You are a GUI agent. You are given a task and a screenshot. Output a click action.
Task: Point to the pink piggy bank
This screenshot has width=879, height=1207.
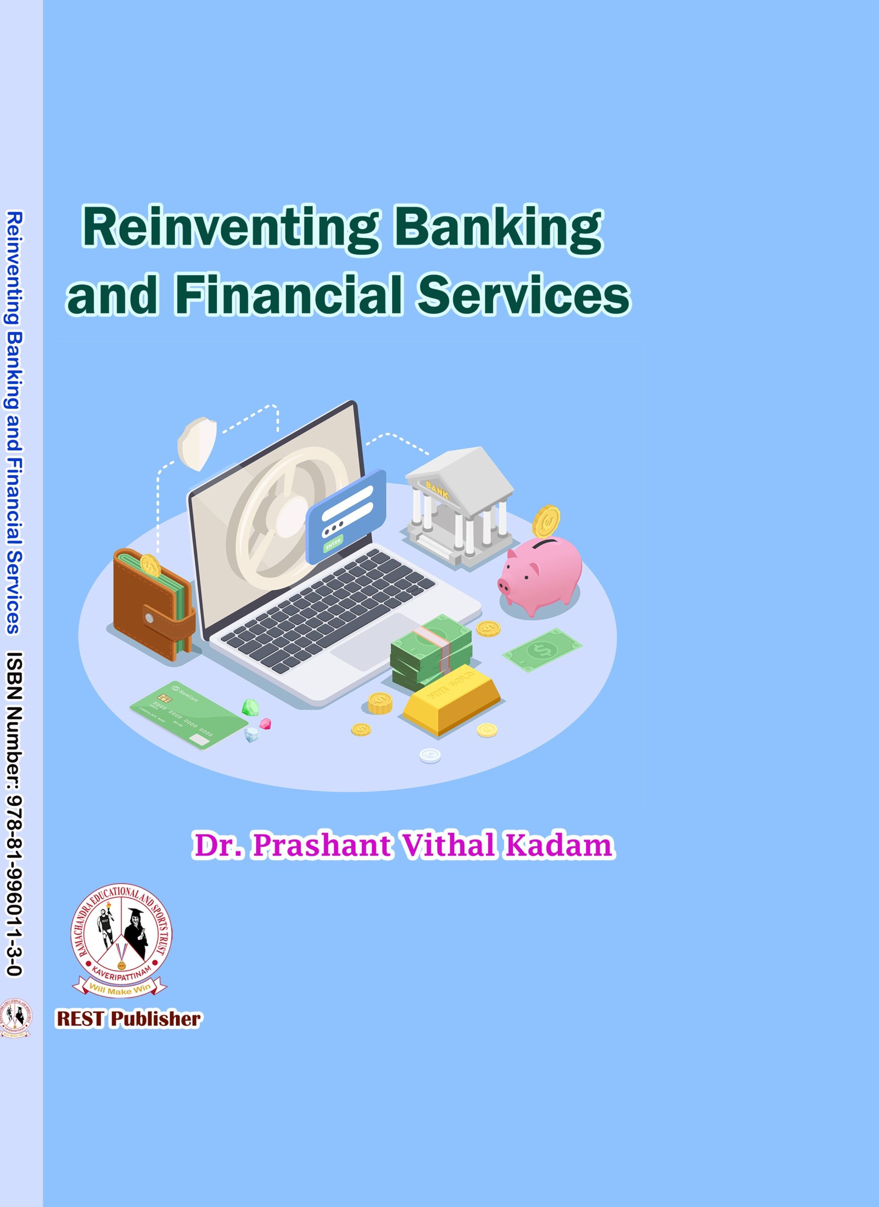[x=540, y=575]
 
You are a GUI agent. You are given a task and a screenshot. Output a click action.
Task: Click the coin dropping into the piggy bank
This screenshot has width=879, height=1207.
[x=546, y=522]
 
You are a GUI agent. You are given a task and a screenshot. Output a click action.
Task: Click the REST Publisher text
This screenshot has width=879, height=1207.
[x=128, y=1018]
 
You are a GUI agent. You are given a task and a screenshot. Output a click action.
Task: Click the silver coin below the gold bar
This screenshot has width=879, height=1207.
[x=430, y=755]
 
